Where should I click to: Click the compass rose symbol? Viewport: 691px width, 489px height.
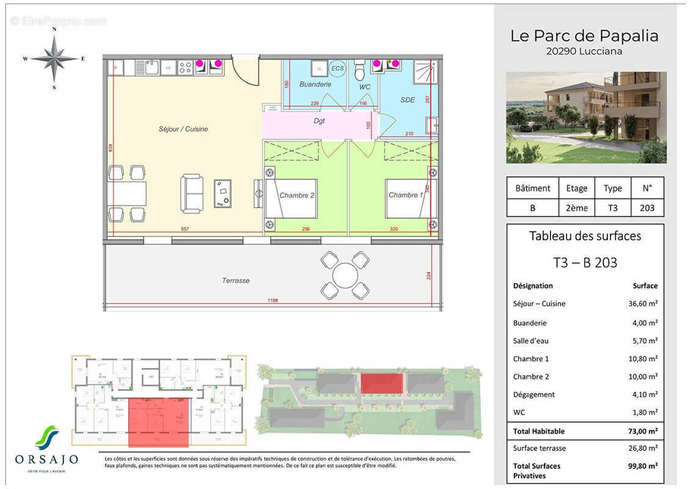(54, 59)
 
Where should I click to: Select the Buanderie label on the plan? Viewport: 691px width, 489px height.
(315, 84)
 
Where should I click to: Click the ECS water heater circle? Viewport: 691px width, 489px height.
(337, 67)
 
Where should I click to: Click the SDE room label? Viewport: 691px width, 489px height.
(407, 100)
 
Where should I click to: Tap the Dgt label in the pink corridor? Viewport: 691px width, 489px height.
(319, 121)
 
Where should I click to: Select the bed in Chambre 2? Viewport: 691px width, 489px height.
(291, 199)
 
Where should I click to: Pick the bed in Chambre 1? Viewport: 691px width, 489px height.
(406, 198)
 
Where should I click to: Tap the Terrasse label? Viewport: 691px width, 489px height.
(235, 281)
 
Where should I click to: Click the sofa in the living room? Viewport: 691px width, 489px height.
(192, 193)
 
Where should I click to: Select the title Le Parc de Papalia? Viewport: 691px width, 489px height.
(584, 35)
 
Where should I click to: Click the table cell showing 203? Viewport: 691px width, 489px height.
(647, 208)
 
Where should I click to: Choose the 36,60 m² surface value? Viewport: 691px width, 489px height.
(645, 304)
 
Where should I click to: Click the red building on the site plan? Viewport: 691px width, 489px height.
(382, 384)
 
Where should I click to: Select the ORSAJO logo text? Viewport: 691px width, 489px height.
(46, 459)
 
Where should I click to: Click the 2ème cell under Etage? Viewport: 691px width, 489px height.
(577, 208)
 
